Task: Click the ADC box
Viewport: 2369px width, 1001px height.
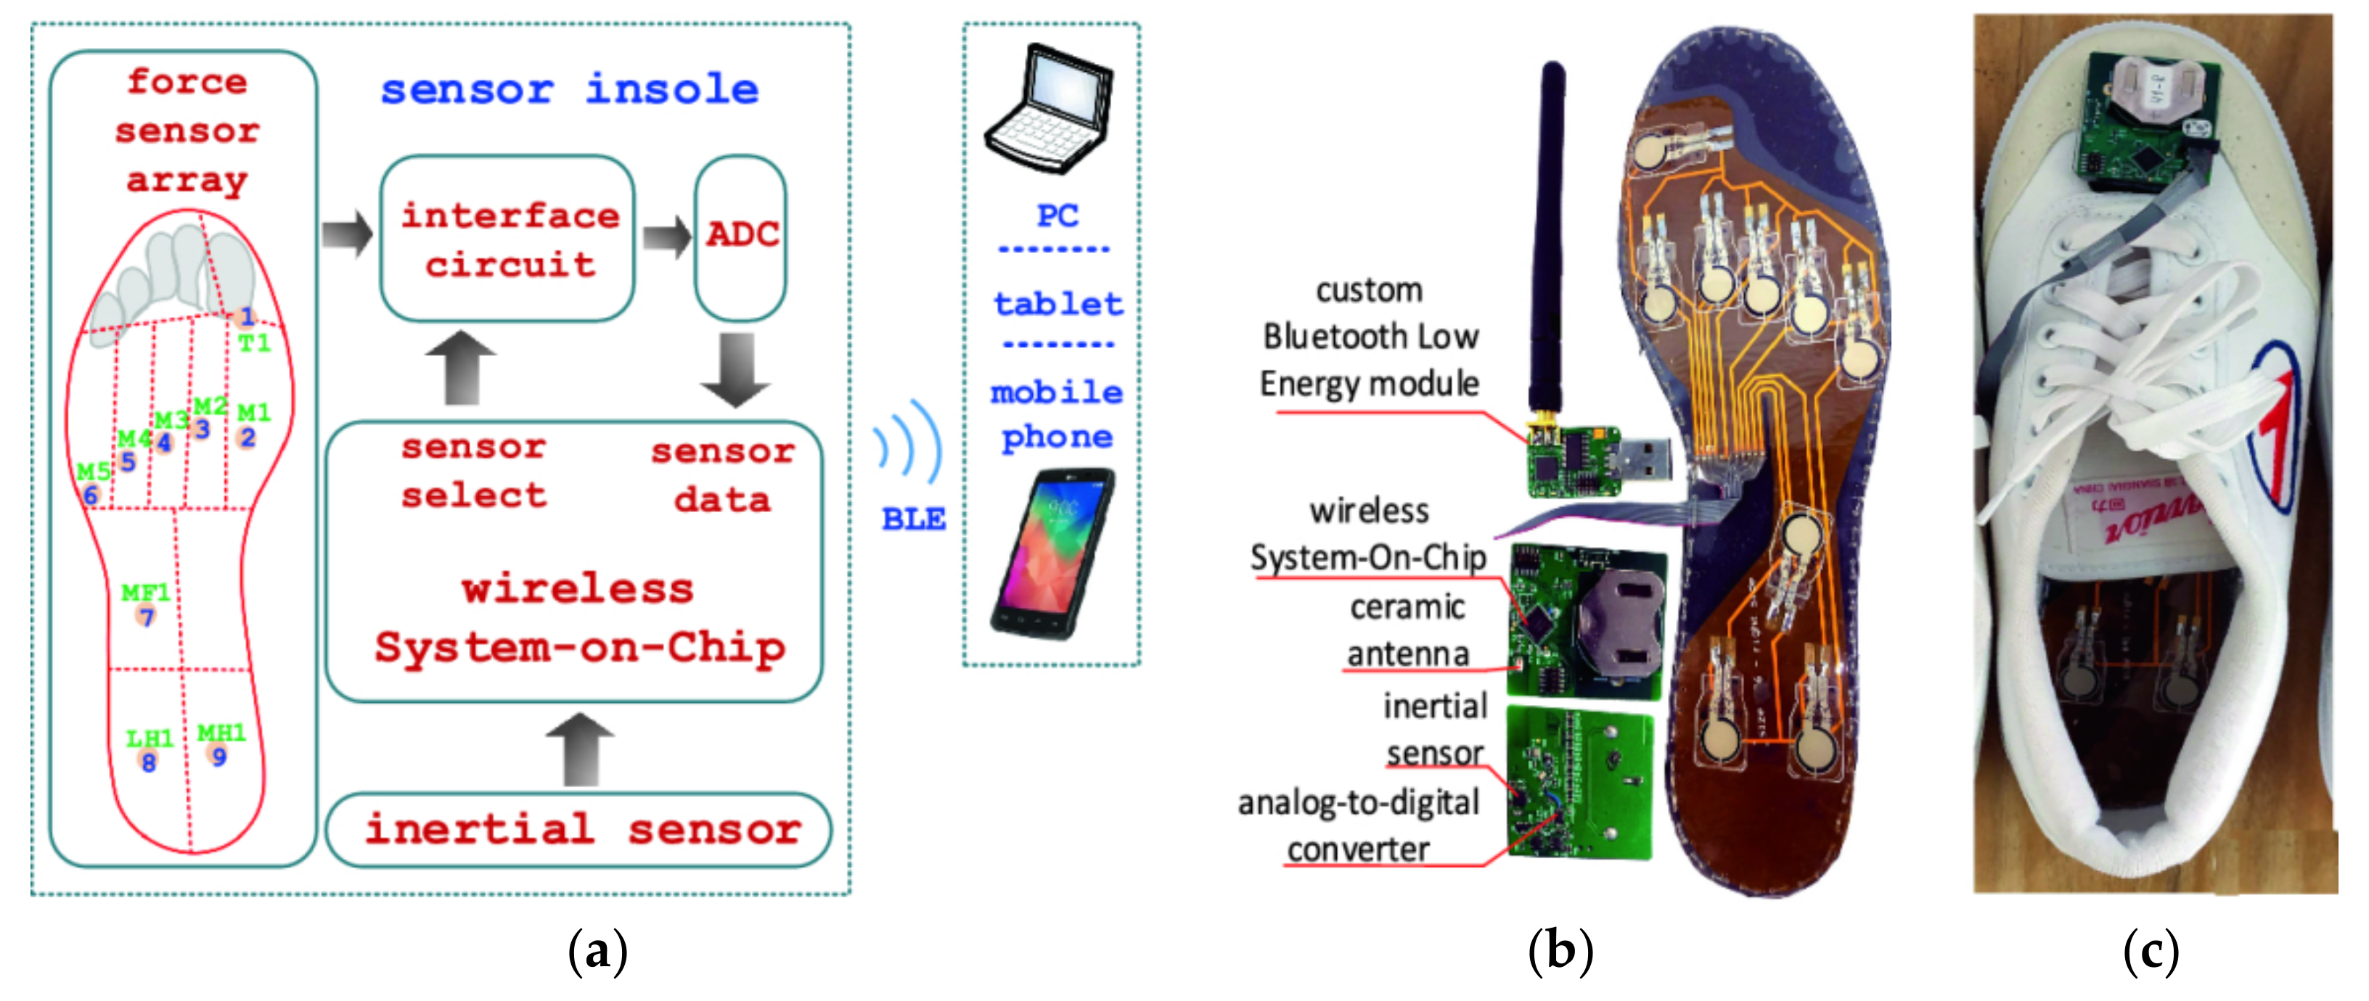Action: (x=740, y=237)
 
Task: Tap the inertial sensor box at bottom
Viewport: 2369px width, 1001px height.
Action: (x=579, y=830)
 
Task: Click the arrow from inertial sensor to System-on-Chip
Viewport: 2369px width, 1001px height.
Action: (x=579, y=749)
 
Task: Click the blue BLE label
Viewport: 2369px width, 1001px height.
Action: (x=913, y=519)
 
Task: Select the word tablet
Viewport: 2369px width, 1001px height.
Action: (x=1057, y=303)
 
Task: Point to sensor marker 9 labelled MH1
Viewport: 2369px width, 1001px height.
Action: (x=218, y=757)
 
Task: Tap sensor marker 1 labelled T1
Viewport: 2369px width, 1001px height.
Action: (x=245, y=318)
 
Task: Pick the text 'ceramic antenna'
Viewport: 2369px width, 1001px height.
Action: (x=1407, y=630)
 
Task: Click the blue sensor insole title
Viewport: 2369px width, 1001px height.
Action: (x=570, y=90)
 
